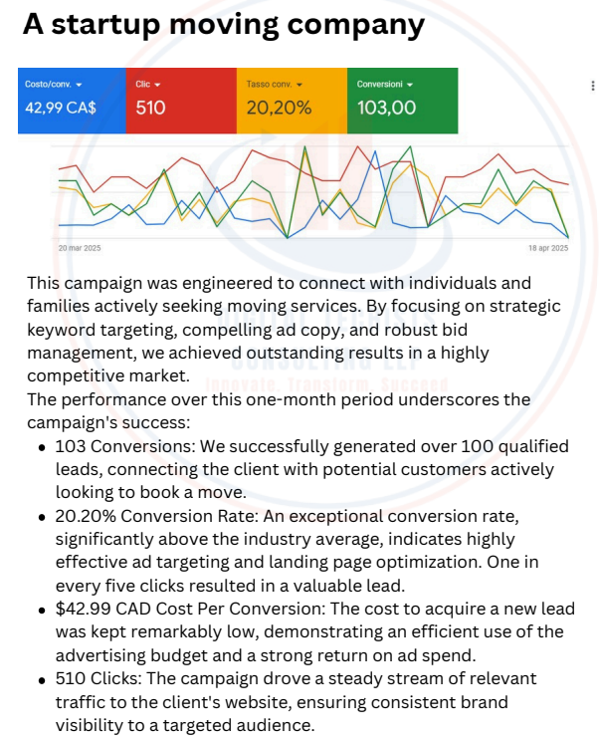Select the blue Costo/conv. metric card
coord(72,100)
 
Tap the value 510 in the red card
coord(150,108)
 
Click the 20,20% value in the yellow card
coord(279,108)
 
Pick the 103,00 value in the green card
coord(386,108)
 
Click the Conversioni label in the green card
coord(379,85)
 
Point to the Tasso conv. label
coord(270,85)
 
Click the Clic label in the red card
coord(143,85)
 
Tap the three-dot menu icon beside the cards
coord(592,86)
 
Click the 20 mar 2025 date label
coord(80,248)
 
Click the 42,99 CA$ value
coord(61,108)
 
